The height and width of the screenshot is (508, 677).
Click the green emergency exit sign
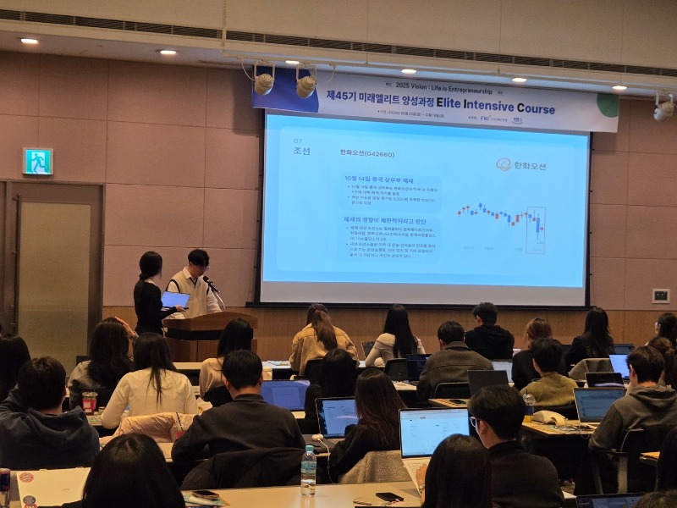pyautogui.click(x=37, y=162)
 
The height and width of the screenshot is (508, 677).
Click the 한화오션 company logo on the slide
pyautogui.click(x=521, y=164)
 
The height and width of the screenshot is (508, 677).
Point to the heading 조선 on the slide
pyautogui.click(x=301, y=152)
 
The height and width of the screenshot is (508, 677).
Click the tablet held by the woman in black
pyautogui.click(x=175, y=300)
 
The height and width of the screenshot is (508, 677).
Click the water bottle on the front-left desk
pyautogui.click(x=308, y=471)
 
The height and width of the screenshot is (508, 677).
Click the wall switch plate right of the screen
pyautogui.click(x=660, y=295)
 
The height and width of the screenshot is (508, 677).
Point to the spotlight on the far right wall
pyautogui.click(x=663, y=108)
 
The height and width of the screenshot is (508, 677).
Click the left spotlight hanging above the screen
pyautogui.click(x=264, y=82)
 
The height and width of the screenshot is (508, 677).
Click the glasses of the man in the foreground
pyautogui.click(x=475, y=422)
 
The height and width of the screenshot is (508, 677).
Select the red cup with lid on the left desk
pyautogui.click(x=90, y=402)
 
